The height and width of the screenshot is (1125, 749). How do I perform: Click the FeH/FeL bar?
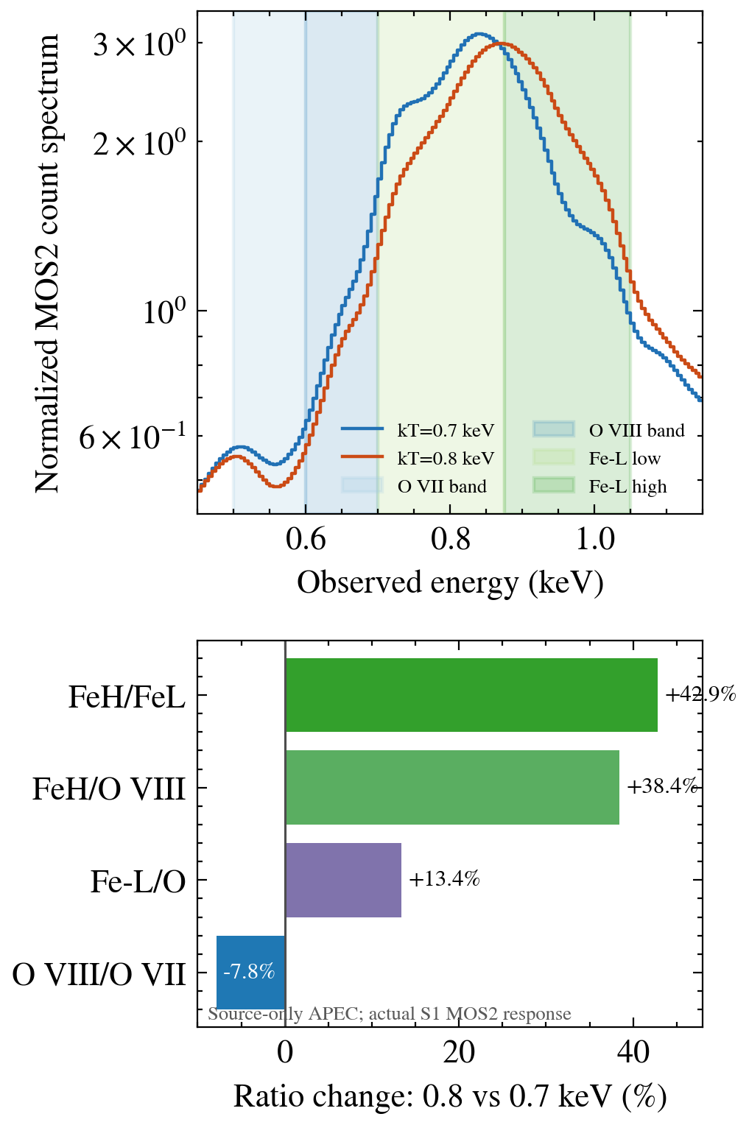pyautogui.click(x=471, y=694)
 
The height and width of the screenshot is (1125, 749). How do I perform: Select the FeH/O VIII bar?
pyautogui.click(x=452, y=787)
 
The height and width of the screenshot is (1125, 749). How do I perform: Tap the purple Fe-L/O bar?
pyautogui.click(x=343, y=880)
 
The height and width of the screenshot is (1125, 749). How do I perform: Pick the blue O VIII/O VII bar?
pyautogui.click(x=250, y=973)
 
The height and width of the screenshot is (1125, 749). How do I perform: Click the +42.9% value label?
pyautogui.click(x=700, y=694)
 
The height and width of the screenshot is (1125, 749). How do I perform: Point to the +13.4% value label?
pyautogui.click(x=444, y=879)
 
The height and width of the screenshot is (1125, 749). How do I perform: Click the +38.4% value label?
pyautogui.click(x=662, y=786)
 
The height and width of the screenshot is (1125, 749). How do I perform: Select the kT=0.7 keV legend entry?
pyautogui.click(x=418, y=430)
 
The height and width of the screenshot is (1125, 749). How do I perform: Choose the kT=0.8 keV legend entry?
pyautogui.click(x=418, y=457)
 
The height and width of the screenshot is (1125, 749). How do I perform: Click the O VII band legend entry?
pyautogui.click(x=414, y=486)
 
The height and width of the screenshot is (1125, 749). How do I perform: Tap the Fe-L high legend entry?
pyautogui.click(x=599, y=486)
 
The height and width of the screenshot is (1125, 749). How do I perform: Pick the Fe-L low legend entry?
pyautogui.click(x=597, y=457)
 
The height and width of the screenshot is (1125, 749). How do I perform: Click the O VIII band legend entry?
pyautogui.click(x=608, y=430)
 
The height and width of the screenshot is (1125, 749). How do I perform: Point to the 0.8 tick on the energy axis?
pyautogui.click(x=450, y=540)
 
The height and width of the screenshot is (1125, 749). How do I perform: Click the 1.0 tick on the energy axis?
pyautogui.click(x=595, y=540)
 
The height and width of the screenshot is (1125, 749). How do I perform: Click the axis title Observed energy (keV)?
pyautogui.click(x=450, y=584)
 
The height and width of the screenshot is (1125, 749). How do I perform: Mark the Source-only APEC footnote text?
pyautogui.click(x=390, y=1014)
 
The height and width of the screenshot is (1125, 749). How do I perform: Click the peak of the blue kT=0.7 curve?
pyautogui.click(x=479, y=34)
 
